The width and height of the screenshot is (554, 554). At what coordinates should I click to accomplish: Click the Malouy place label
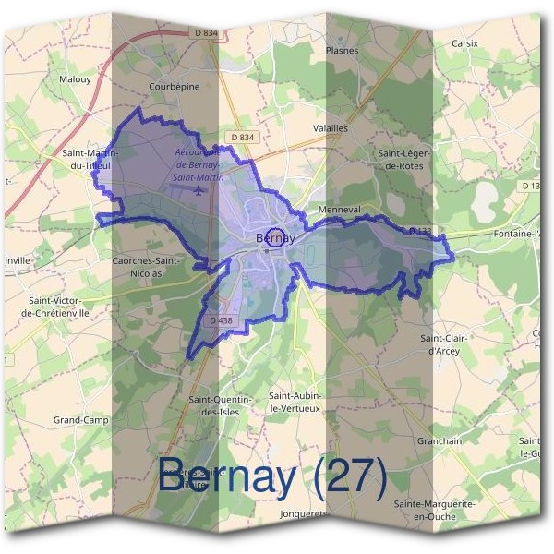74,79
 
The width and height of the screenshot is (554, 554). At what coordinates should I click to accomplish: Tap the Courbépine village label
175,87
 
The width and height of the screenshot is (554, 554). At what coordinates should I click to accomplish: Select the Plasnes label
342,51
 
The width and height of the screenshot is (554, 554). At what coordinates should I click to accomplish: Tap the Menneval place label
338,209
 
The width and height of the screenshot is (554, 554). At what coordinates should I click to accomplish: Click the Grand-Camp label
80,420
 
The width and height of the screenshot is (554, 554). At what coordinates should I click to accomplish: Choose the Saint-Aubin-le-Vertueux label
295,401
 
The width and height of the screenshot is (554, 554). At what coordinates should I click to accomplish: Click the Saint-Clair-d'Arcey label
447,344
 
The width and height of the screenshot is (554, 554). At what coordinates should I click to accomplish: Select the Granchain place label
440,441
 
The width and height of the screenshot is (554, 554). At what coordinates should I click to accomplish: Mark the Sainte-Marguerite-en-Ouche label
434,511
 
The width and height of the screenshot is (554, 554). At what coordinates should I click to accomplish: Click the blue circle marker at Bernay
274,236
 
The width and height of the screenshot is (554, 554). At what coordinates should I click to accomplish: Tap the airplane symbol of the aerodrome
199,190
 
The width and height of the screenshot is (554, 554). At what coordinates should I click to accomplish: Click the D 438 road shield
221,320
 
